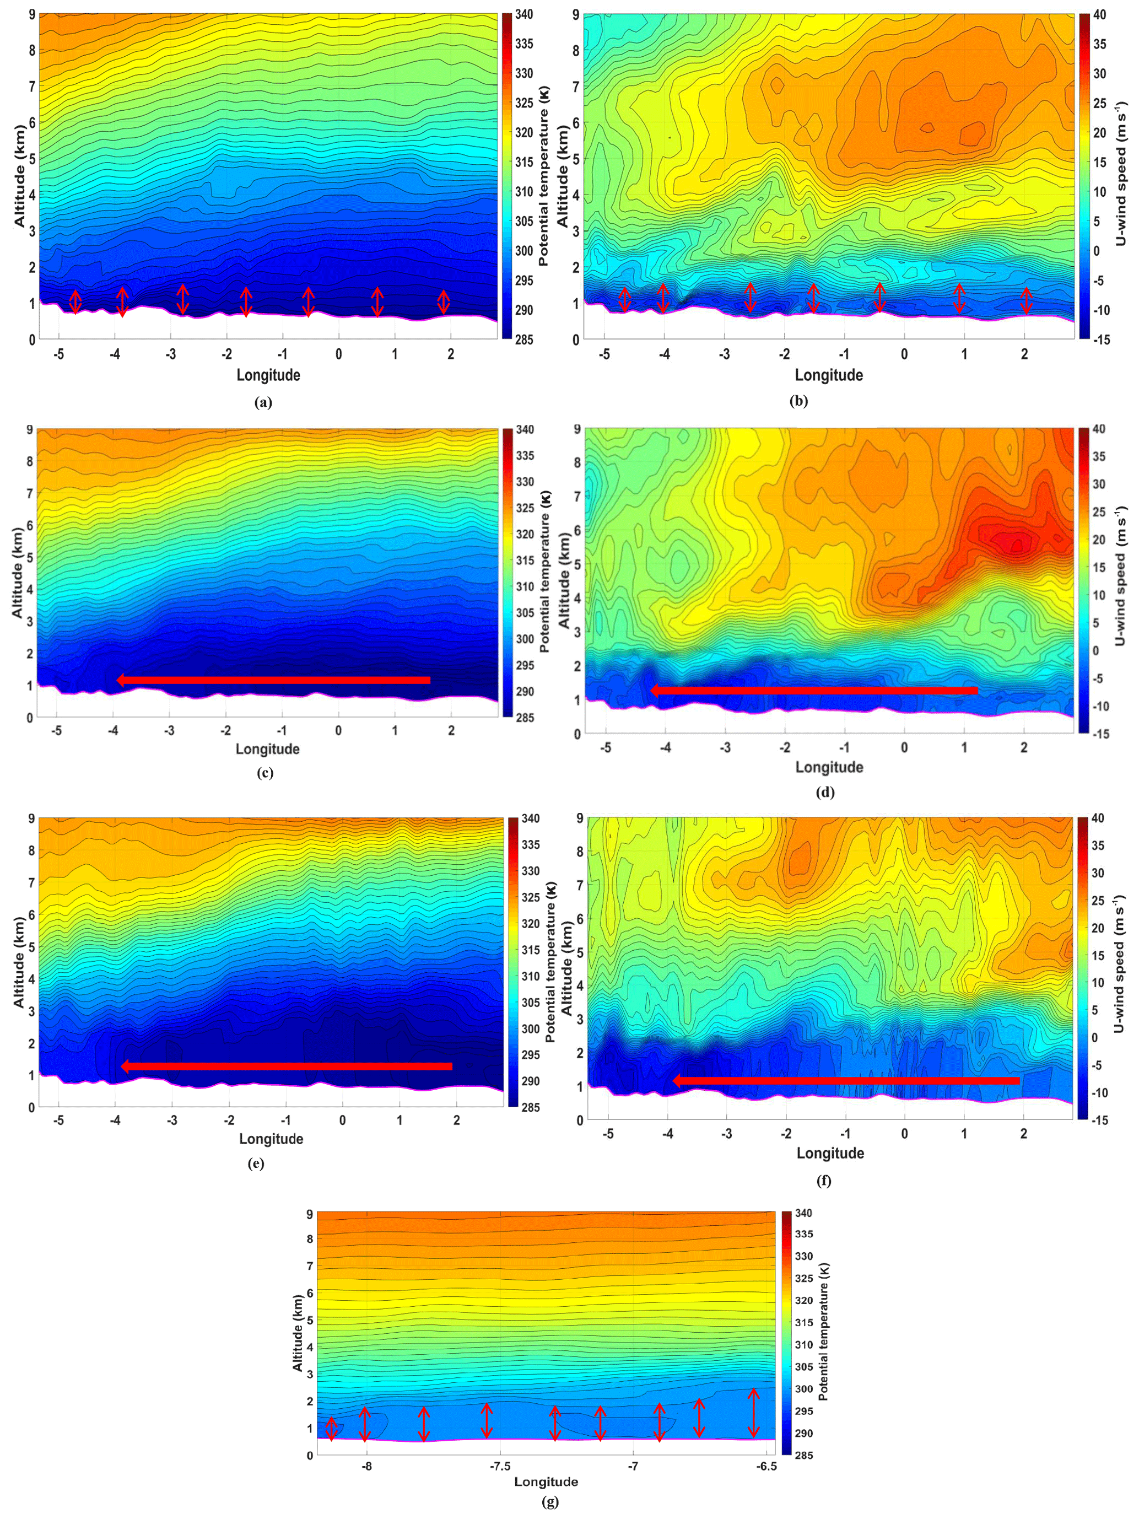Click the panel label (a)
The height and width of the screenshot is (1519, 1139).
263,403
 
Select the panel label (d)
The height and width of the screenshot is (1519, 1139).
824,793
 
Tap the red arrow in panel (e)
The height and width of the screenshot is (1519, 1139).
287,1066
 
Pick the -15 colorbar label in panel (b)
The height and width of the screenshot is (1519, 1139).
1099,339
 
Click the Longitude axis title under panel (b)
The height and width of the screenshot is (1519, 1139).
829,375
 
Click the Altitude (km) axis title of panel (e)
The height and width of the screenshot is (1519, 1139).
19,961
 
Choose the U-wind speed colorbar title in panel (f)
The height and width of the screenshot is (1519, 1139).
1119,963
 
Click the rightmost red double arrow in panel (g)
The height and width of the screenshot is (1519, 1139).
753,1413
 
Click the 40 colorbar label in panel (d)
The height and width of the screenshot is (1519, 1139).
1098,429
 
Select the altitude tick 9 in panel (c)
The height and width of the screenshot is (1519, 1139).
30,430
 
